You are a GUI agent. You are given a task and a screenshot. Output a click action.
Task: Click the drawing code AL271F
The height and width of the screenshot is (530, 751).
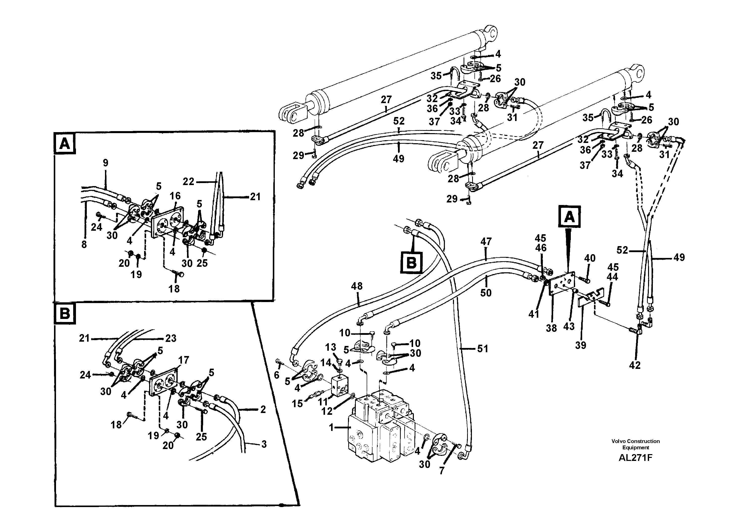(x=635, y=457)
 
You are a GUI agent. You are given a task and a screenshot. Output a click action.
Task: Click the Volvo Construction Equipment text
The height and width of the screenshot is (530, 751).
(x=635, y=444)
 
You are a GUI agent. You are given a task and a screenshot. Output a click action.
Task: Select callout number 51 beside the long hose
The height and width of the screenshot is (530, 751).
(x=482, y=349)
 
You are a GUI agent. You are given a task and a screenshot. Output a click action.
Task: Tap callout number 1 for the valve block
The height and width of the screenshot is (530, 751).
(x=331, y=427)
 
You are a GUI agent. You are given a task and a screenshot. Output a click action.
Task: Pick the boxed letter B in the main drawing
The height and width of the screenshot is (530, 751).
(x=411, y=263)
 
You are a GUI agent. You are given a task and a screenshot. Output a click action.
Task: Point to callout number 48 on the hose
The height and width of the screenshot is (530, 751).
(x=357, y=286)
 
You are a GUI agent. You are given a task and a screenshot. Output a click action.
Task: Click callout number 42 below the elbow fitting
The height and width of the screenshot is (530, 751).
(x=635, y=365)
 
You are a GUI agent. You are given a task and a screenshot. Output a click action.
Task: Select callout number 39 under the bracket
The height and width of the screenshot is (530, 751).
(x=581, y=345)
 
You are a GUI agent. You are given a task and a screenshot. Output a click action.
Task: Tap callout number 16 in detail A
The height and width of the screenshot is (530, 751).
(x=175, y=196)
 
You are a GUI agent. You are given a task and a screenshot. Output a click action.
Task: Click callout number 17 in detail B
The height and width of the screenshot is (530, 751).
(x=183, y=360)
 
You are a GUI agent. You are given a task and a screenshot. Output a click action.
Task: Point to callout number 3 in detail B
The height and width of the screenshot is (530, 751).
(x=264, y=444)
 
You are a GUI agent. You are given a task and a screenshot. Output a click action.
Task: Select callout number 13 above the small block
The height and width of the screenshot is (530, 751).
(x=331, y=347)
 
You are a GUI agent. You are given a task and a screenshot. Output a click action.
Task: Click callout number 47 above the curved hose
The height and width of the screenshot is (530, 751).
(x=486, y=242)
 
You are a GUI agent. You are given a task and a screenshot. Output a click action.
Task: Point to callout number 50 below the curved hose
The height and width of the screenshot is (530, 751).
(x=486, y=293)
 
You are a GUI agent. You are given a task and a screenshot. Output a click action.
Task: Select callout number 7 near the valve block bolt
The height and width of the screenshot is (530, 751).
(x=442, y=471)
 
